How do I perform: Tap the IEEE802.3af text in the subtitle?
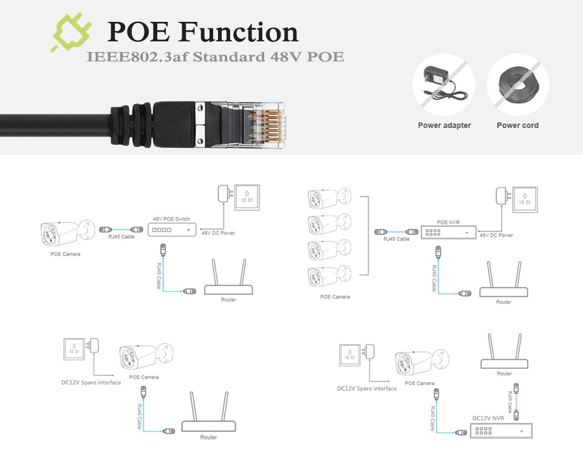pyautogui.click(x=128, y=58)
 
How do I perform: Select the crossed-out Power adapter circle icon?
pyautogui.click(x=444, y=86)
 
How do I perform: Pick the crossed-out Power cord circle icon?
pyautogui.click(x=517, y=86)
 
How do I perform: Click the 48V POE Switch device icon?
pyautogui.click(x=172, y=229)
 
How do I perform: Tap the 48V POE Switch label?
pyautogui.click(x=171, y=218)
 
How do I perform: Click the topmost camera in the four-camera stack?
pyautogui.click(x=329, y=199)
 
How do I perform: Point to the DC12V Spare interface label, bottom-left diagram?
pyautogui.click(x=91, y=382)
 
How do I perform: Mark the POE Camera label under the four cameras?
pyautogui.click(x=335, y=297)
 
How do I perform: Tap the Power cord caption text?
pyautogui.click(x=517, y=126)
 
